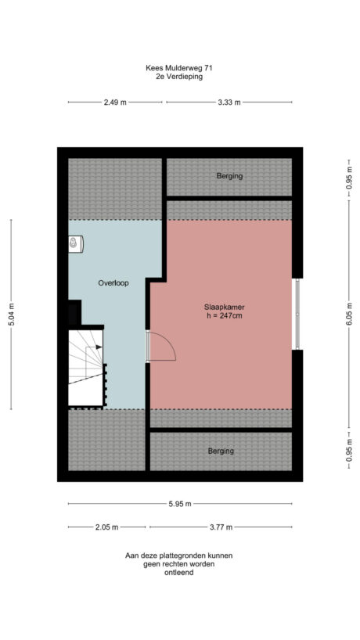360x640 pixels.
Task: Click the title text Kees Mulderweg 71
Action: tap(179, 68)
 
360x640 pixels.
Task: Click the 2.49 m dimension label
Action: tap(115, 102)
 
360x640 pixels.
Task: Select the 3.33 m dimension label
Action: tap(229, 102)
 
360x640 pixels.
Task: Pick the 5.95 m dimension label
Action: tap(179, 503)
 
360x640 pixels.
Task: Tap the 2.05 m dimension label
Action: tap(108, 527)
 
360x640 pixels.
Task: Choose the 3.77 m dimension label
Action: tap(221, 527)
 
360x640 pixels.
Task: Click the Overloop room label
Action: tap(113, 282)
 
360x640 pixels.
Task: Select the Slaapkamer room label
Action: tap(221, 307)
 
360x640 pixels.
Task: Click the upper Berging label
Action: tap(229, 177)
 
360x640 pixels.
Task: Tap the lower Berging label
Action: tap(221, 451)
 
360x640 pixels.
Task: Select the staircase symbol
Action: tap(86, 366)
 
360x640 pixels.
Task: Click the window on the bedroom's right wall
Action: tap(297, 314)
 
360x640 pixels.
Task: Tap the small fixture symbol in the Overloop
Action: tap(75, 245)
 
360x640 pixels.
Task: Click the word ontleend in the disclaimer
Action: tap(179, 572)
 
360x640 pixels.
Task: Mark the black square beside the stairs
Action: tap(74, 312)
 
